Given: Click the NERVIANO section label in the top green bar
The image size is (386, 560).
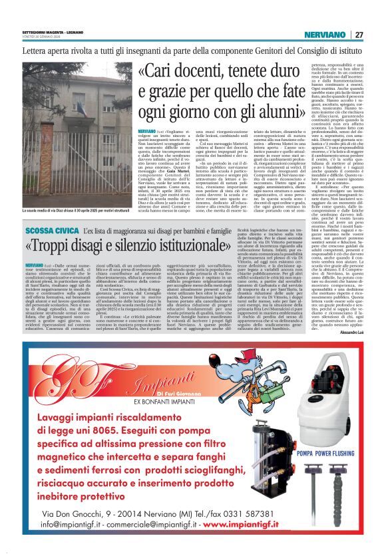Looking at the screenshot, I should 325,35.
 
